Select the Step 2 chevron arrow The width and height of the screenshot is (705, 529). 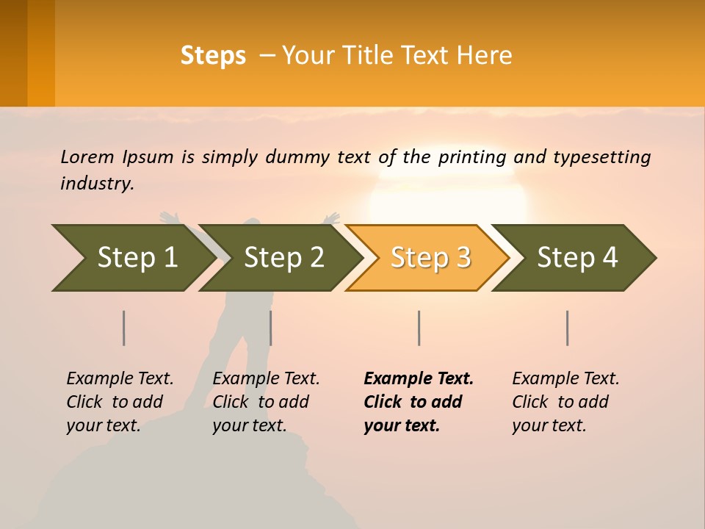pyautogui.click(x=283, y=257)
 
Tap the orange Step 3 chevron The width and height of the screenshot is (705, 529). pyautogui.click(x=430, y=257)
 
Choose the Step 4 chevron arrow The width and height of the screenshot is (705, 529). pyautogui.click(x=577, y=257)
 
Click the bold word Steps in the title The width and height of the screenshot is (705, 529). pyautogui.click(x=213, y=56)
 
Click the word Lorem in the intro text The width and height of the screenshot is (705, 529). pyautogui.click(x=87, y=156)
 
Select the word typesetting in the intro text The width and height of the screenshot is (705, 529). pyautogui.click(x=601, y=156)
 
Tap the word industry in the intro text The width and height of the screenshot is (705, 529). pyautogui.click(x=97, y=183)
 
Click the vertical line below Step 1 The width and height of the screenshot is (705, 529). pyautogui.click(x=124, y=328)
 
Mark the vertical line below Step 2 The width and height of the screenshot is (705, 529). pyautogui.click(x=271, y=328)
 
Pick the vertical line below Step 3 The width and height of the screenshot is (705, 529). pyautogui.click(x=419, y=328)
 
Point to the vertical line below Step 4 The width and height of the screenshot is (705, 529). pyautogui.click(x=567, y=328)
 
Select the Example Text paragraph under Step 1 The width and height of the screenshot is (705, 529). pyautogui.click(x=120, y=401)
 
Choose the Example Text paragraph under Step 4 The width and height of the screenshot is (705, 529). pyautogui.click(x=565, y=401)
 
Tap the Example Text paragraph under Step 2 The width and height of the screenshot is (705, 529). pyautogui.click(x=266, y=401)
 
